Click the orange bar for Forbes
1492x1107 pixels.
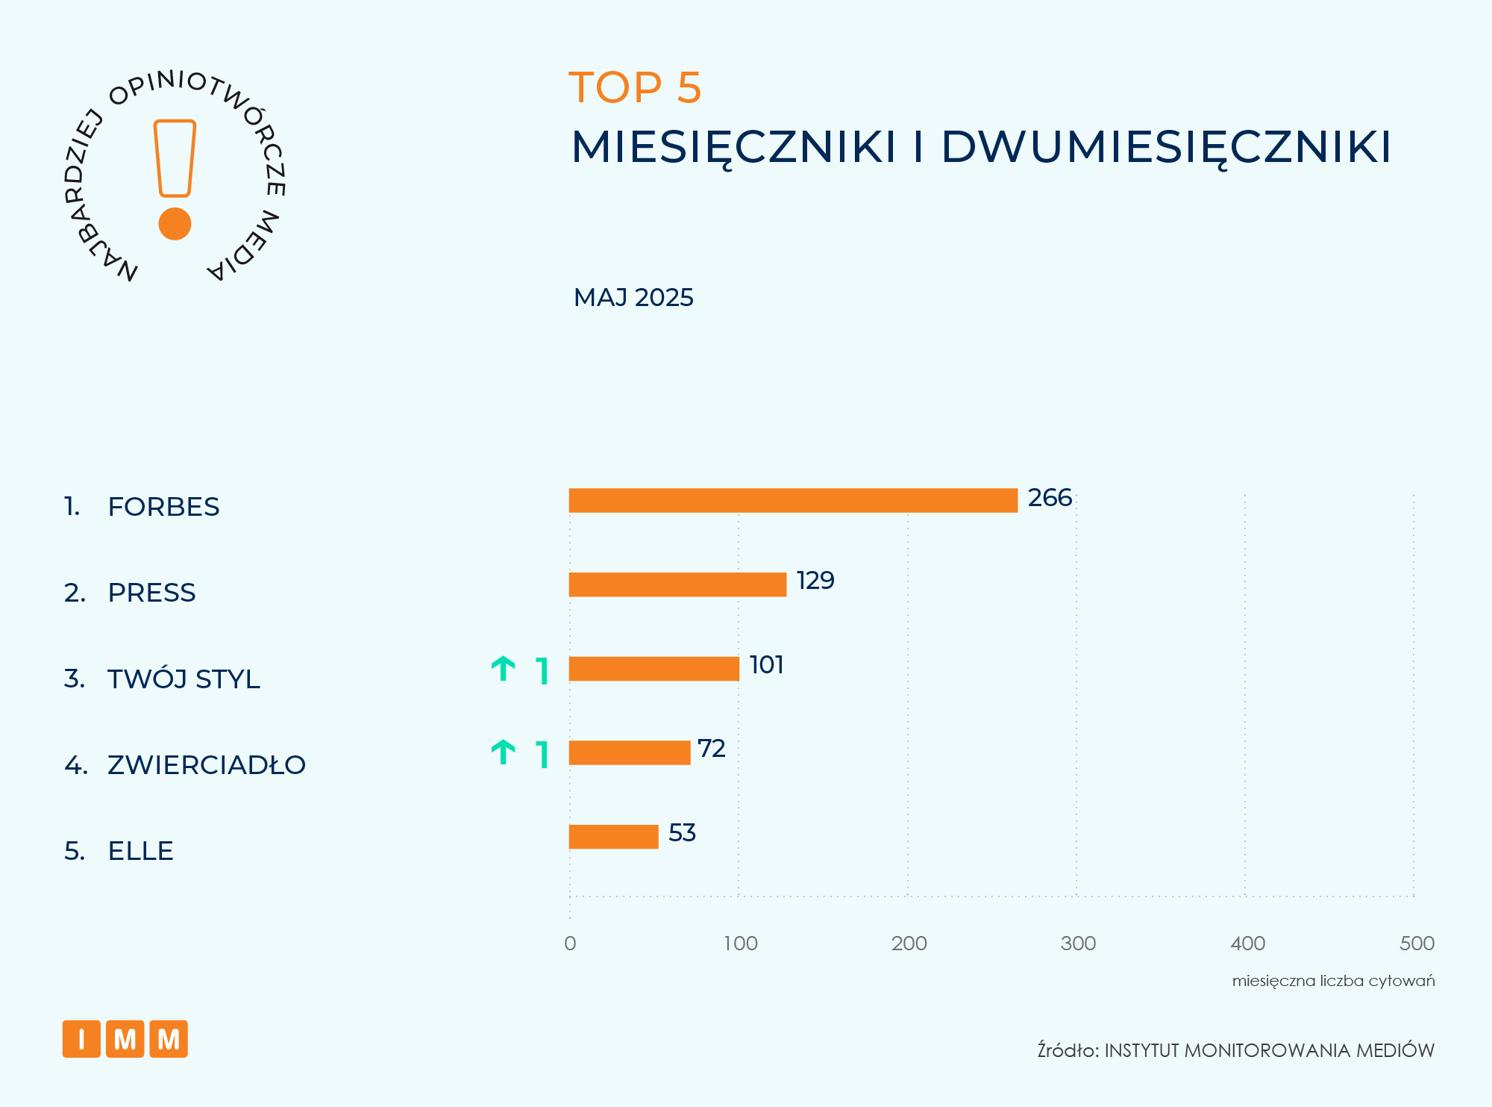(793, 500)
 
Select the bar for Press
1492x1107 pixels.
(677, 584)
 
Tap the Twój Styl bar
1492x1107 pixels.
(653, 669)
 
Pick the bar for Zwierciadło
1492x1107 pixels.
(630, 752)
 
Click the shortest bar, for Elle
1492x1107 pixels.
(613, 837)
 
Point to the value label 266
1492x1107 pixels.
(1050, 498)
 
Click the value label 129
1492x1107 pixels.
(815, 581)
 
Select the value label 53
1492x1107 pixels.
(682, 833)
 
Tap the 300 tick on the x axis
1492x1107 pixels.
(1078, 944)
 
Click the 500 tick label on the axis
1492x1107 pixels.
(1417, 944)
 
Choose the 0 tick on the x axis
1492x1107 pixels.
(570, 944)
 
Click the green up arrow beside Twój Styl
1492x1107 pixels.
(504, 669)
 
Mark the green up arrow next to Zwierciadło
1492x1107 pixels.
(504, 752)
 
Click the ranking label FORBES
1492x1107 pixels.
(163, 507)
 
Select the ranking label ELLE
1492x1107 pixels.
(140, 851)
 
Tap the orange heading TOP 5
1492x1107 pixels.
(635, 87)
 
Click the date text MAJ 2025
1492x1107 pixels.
(633, 298)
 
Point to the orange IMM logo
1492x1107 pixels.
(125, 1039)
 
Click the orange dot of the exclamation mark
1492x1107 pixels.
(175, 224)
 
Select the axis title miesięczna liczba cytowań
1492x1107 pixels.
(1333, 981)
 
